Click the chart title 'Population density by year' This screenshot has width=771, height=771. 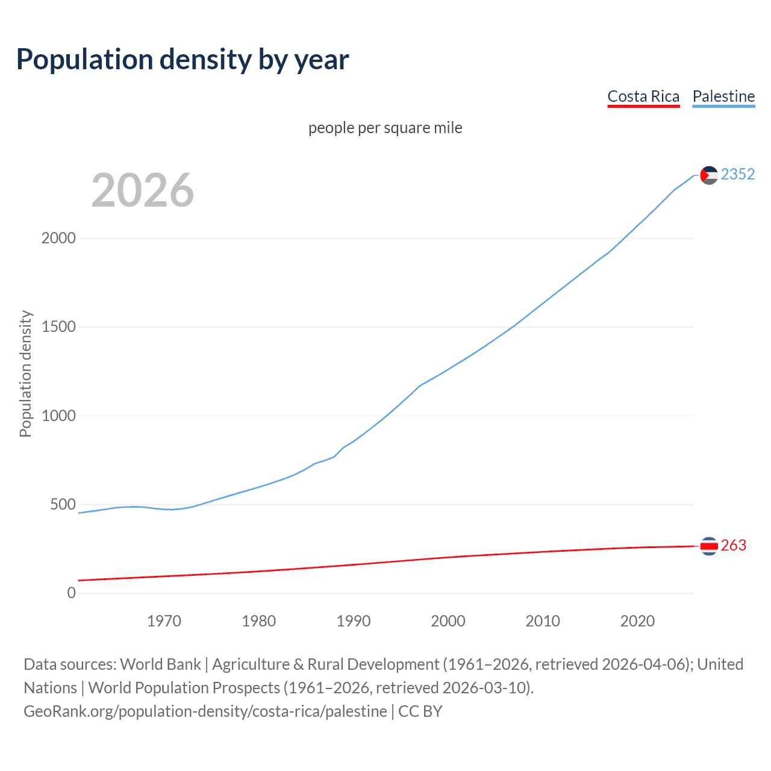(x=183, y=60)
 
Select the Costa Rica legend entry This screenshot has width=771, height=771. (x=643, y=96)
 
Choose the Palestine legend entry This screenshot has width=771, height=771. (x=723, y=96)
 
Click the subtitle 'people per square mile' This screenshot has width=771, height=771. (x=385, y=128)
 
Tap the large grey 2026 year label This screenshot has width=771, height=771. (x=143, y=190)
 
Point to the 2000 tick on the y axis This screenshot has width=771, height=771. (x=58, y=239)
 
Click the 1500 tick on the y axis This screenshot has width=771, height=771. (x=58, y=327)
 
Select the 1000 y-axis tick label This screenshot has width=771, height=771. (x=58, y=416)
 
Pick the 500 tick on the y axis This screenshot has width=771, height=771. (x=63, y=505)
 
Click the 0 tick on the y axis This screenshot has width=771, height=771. (x=72, y=593)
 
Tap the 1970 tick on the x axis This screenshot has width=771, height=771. (x=164, y=621)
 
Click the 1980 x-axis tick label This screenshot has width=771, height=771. (x=258, y=621)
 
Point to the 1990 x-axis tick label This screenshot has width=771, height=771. (x=354, y=621)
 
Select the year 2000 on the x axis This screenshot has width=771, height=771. (x=448, y=621)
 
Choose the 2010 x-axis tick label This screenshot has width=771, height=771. (x=543, y=621)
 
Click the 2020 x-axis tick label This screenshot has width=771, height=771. (x=637, y=621)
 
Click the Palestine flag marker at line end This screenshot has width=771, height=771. (x=709, y=175)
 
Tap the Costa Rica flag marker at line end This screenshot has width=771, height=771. (x=709, y=546)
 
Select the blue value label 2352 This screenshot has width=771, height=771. (x=738, y=175)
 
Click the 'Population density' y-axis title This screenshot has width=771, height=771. (x=25, y=373)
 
